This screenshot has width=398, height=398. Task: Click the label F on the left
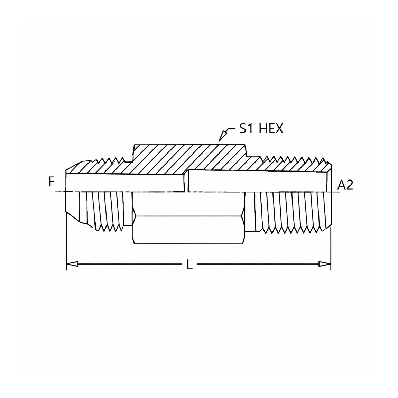(x=52, y=182)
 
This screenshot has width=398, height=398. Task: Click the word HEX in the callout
(x=271, y=129)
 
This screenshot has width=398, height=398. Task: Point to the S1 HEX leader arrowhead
(x=222, y=136)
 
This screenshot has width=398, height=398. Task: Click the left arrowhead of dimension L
(x=72, y=264)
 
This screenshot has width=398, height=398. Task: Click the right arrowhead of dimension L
(x=325, y=264)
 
